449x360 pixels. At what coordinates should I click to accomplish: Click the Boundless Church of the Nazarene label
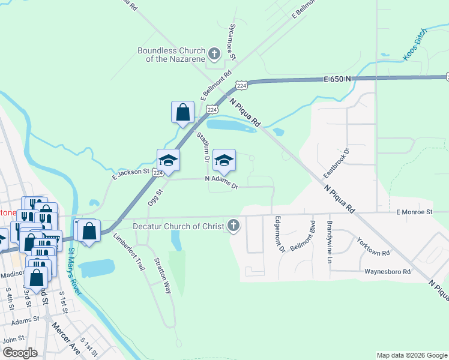coord(171,55)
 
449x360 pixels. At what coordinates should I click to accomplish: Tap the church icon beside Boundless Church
coord(214,55)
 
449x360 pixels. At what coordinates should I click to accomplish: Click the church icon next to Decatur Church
coord(234,226)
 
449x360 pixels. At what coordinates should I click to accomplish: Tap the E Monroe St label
coord(414,212)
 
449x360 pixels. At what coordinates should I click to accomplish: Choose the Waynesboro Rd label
coord(387,272)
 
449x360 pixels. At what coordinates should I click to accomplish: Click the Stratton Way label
coord(163,275)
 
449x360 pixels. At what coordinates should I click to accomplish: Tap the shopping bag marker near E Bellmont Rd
coord(182,112)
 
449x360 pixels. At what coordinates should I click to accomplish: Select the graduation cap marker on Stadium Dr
coord(224,160)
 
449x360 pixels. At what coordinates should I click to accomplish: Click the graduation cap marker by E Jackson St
coord(169,160)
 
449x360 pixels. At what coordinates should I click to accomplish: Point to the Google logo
coord(19,353)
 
